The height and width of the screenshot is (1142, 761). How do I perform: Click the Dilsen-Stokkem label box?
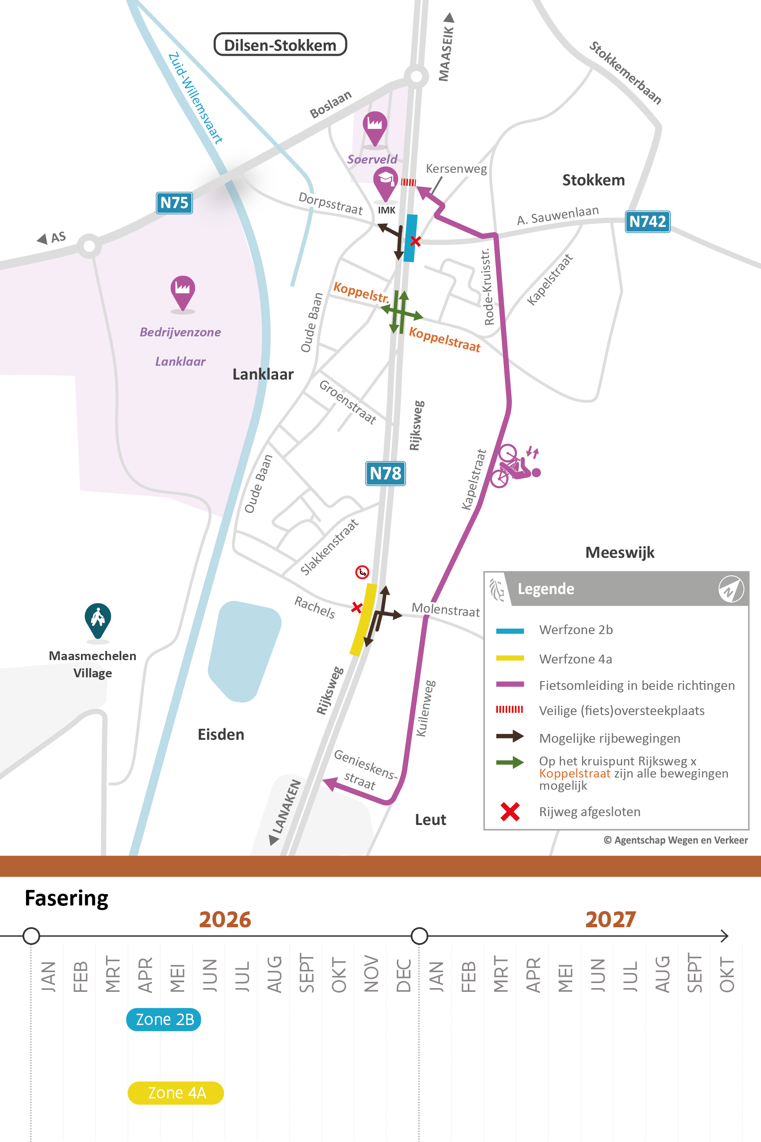click(280, 44)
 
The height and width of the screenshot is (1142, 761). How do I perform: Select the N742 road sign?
click(647, 222)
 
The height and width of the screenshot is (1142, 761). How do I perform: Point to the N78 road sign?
click(386, 473)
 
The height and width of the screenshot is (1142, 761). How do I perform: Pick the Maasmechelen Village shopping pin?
click(98, 619)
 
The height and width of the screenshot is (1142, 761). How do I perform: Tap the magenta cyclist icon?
click(514, 465)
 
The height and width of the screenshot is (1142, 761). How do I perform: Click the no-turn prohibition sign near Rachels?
click(362, 572)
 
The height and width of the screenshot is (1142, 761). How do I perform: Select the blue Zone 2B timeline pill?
click(164, 1019)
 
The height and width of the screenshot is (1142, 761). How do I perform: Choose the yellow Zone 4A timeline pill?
click(176, 1093)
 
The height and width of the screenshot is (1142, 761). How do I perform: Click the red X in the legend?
click(510, 812)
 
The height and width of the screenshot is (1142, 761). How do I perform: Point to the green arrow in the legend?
click(510, 762)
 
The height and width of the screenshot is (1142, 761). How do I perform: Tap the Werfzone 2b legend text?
click(576, 630)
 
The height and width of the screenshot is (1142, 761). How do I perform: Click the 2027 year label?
click(610, 919)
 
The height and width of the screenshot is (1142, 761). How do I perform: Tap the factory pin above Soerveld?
click(375, 127)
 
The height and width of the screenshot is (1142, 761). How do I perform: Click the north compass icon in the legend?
click(730, 588)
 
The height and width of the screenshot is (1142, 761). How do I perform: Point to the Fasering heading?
click(66, 898)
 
